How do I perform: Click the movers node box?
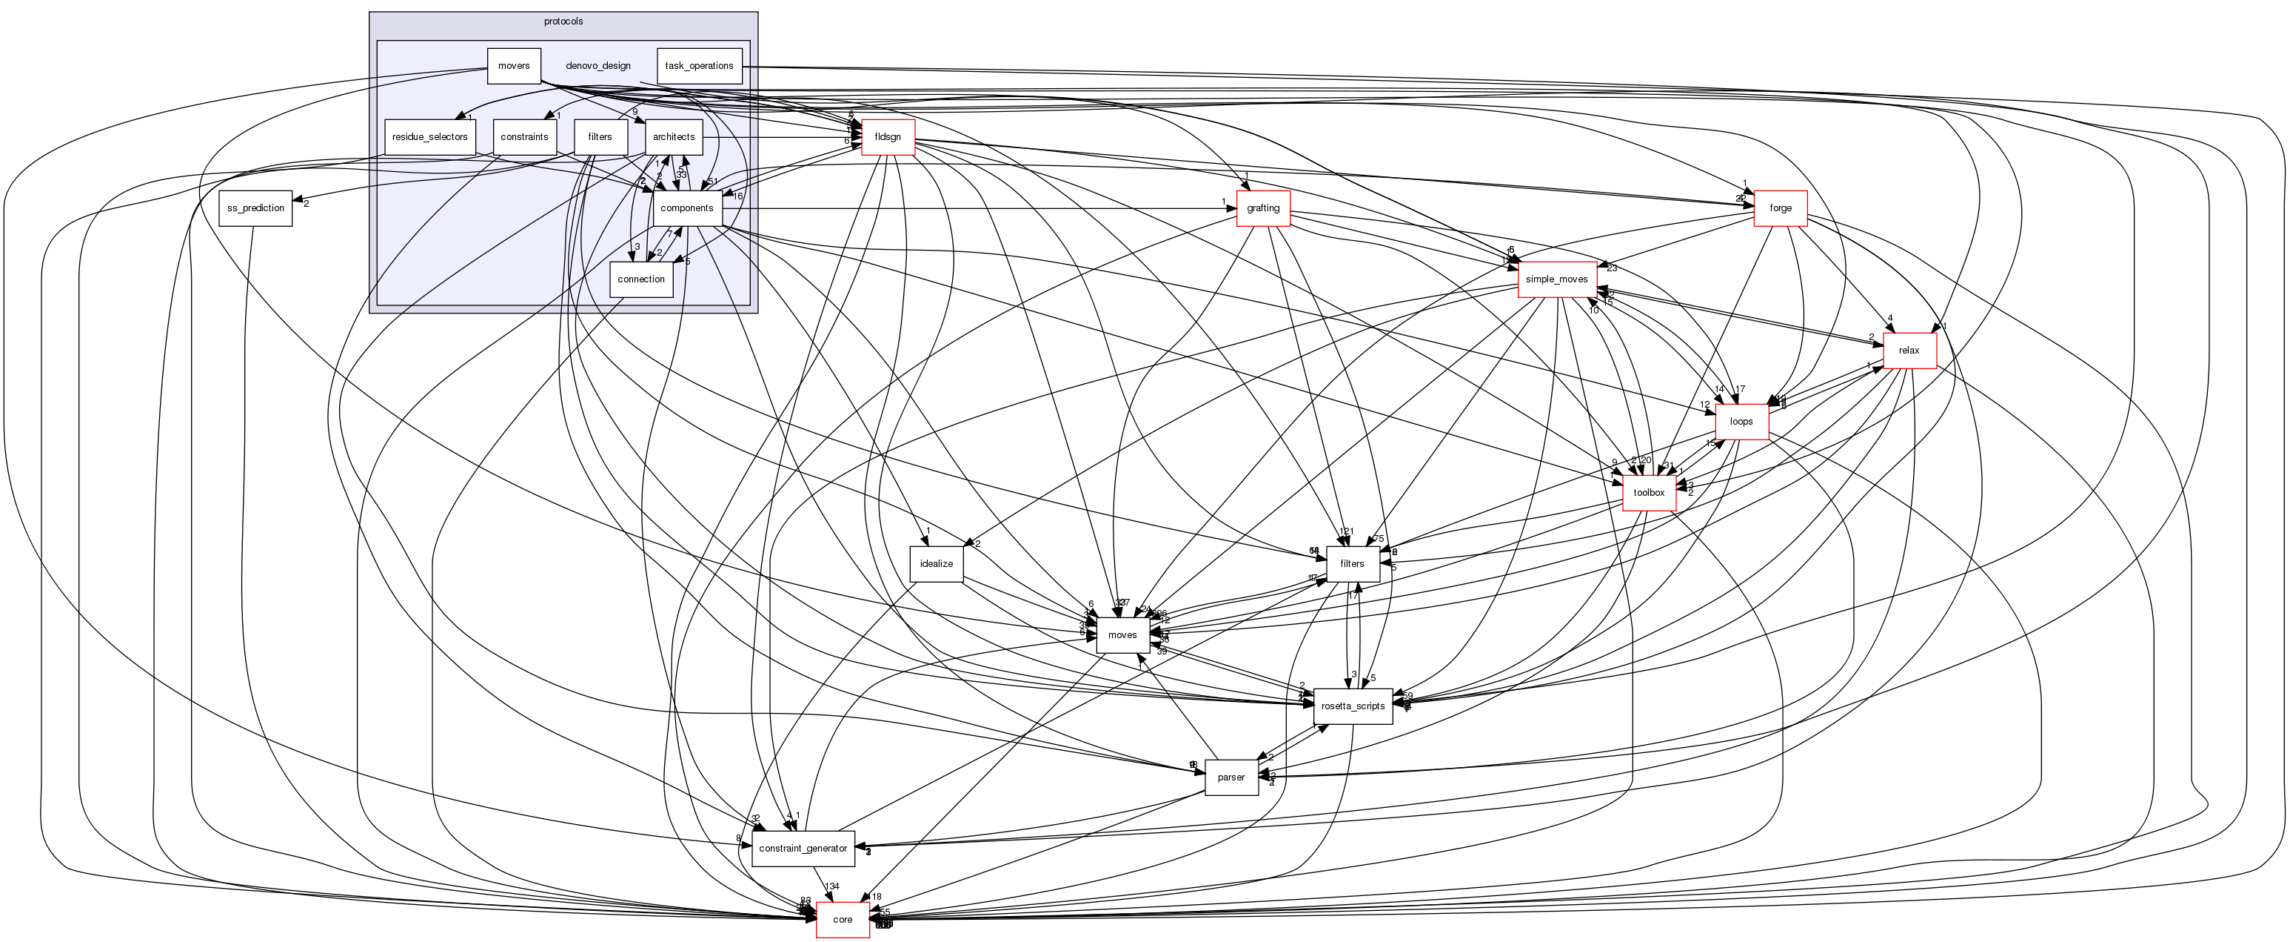514,66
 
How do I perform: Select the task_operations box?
699,66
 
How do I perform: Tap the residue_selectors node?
429,137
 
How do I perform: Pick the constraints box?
524,137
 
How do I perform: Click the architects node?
673,137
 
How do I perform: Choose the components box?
686,208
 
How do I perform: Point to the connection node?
641,279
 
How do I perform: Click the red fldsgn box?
887,137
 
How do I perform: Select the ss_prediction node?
255,208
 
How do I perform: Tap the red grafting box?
1262,208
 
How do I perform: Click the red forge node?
1780,208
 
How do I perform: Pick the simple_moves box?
1556,279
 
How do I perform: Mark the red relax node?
1909,351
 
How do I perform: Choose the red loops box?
1741,422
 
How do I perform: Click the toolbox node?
1648,493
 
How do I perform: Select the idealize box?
936,564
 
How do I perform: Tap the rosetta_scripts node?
1352,706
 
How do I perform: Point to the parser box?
1231,777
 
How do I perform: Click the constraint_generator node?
803,849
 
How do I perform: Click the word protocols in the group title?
563,21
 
